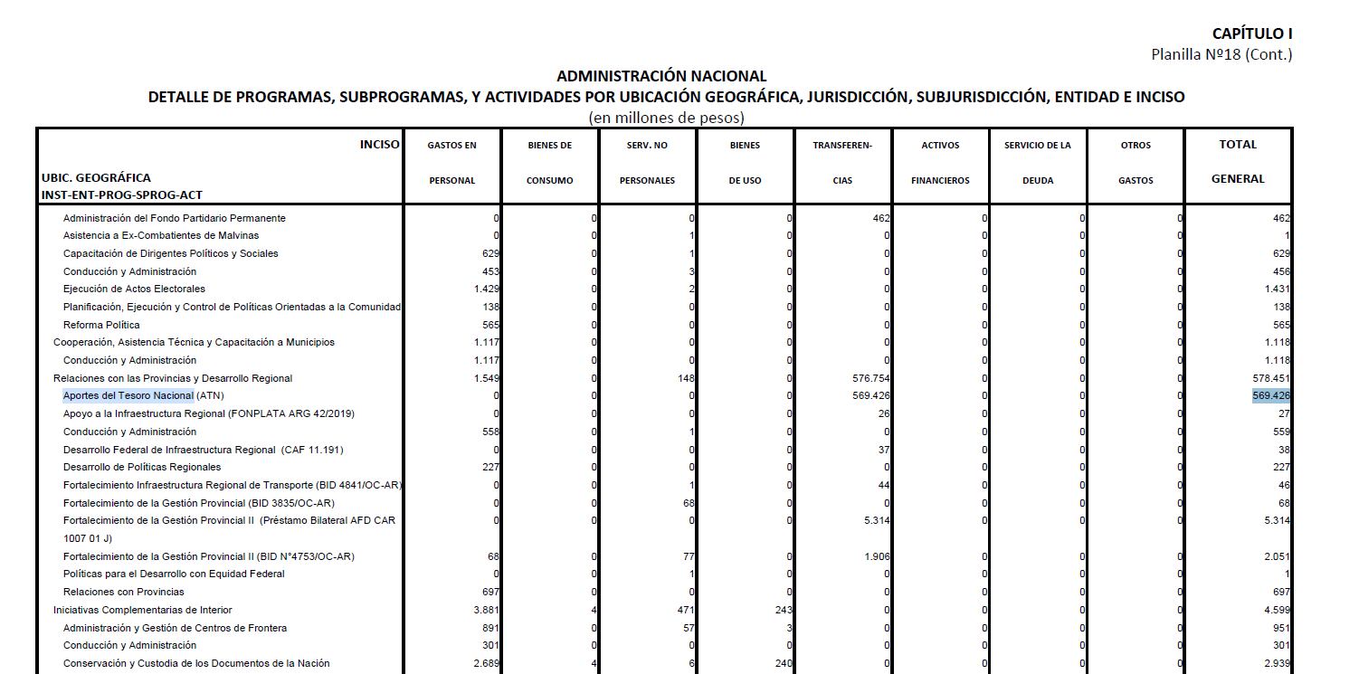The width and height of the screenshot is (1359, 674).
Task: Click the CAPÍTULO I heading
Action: click(1251, 33)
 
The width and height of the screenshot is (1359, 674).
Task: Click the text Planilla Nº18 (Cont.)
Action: click(1221, 54)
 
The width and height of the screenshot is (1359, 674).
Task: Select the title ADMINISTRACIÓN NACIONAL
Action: click(661, 76)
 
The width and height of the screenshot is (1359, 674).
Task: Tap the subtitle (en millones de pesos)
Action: click(666, 118)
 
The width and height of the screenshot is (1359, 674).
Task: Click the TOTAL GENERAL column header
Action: click(1238, 161)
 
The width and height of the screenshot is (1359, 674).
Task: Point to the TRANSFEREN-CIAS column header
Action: click(842, 162)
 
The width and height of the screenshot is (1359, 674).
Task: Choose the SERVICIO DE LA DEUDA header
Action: click(1037, 162)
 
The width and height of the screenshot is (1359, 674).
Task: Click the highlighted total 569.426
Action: click(1271, 396)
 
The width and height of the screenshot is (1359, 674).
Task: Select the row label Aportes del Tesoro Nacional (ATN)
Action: click(143, 396)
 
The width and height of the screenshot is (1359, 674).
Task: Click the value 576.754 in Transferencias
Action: click(871, 378)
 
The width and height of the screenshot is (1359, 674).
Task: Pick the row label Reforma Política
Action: click(101, 325)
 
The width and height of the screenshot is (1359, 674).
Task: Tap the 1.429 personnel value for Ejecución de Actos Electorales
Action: click(486, 290)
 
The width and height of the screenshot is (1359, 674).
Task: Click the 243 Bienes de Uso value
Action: click(783, 610)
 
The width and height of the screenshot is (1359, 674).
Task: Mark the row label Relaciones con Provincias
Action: click(123, 592)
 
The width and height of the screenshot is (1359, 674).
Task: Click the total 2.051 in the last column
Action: click(1277, 556)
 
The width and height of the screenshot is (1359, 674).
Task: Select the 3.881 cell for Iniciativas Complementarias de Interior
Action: click(486, 610)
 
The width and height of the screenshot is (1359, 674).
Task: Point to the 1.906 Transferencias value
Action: click(877, 556)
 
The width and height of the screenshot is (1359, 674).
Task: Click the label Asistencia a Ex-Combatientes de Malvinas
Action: click(160, 235)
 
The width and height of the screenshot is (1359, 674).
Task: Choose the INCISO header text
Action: click(379, 144)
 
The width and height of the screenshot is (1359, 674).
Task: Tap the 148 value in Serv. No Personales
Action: click(685, 378)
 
